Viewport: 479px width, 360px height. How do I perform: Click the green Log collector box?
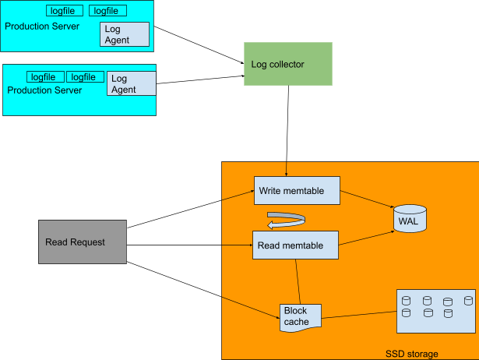tap(288, 64)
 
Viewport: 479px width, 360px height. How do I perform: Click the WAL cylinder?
tap(410, 221)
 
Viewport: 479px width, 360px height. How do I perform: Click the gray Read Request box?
tap(82, 242)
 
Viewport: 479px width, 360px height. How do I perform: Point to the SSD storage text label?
tap(411, 354)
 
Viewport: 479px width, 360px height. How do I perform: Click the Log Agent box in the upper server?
tap(125, 34)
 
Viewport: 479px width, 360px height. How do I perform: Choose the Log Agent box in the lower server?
tap(131, 83)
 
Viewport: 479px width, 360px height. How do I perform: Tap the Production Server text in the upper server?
tap(42, 26)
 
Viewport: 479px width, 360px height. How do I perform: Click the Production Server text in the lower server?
tap(44, 90)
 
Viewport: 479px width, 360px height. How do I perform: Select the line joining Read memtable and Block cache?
tap(298, 281)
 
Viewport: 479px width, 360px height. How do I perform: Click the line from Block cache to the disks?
tap(359, 314)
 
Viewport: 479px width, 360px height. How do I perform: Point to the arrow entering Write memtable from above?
tap(287, 169)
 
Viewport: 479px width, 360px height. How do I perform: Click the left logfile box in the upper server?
tap(65, 11)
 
